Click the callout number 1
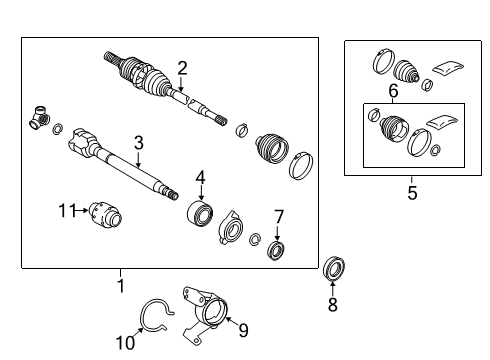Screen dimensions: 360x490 tap(121, 286)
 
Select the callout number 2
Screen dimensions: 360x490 tap(182, 68)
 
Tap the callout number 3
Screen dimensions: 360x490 tap(139, 143)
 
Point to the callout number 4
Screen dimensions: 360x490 tap(200, 178)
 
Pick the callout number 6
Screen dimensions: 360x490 tap(393, 91)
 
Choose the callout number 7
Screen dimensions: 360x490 tap(279, 215)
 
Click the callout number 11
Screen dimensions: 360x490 tap(66, 210)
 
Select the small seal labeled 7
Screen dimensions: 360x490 tap(277, 248)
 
